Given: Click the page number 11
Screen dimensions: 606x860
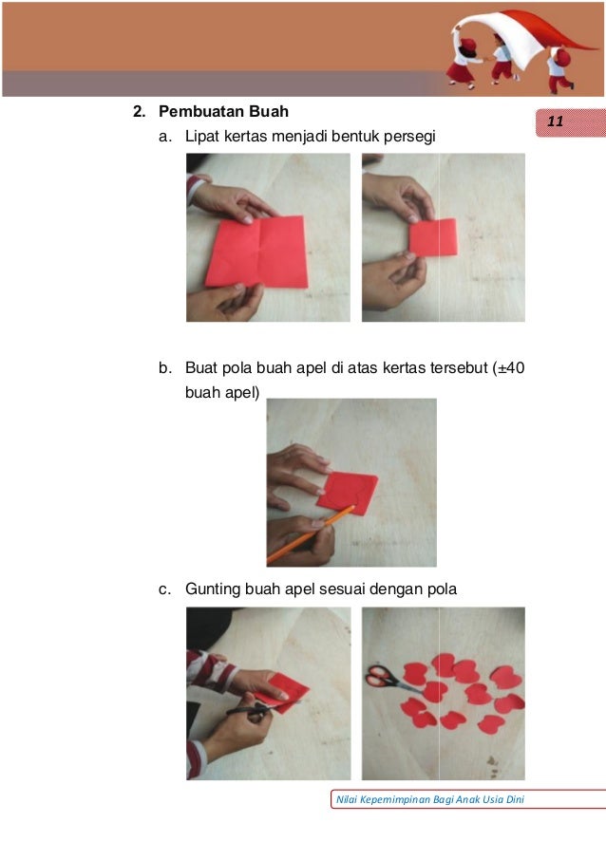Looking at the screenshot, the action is [555, 122].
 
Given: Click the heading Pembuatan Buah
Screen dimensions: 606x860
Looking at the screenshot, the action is [223, 111].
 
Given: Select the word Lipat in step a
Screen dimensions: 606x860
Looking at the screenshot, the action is [202, 136].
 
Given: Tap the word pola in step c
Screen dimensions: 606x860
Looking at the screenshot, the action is [442, 589].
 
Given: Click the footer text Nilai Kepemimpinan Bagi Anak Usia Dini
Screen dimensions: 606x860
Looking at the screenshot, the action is [429, 799].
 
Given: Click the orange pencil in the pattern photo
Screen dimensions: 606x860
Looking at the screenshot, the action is [311, 534].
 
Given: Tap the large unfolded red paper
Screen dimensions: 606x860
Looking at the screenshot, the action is [256, 252].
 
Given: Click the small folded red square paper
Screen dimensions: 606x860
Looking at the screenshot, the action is [433, 237].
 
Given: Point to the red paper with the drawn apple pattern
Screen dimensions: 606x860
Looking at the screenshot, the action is [348, 493].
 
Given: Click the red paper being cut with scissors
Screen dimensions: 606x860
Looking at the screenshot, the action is [283, 692].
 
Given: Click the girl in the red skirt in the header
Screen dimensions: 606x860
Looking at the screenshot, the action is [464, 64].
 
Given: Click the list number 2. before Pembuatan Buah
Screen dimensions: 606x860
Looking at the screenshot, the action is [140, 111].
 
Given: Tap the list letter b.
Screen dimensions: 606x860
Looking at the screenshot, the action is [164, 367].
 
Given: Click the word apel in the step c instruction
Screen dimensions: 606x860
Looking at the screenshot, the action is [300, 590].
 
